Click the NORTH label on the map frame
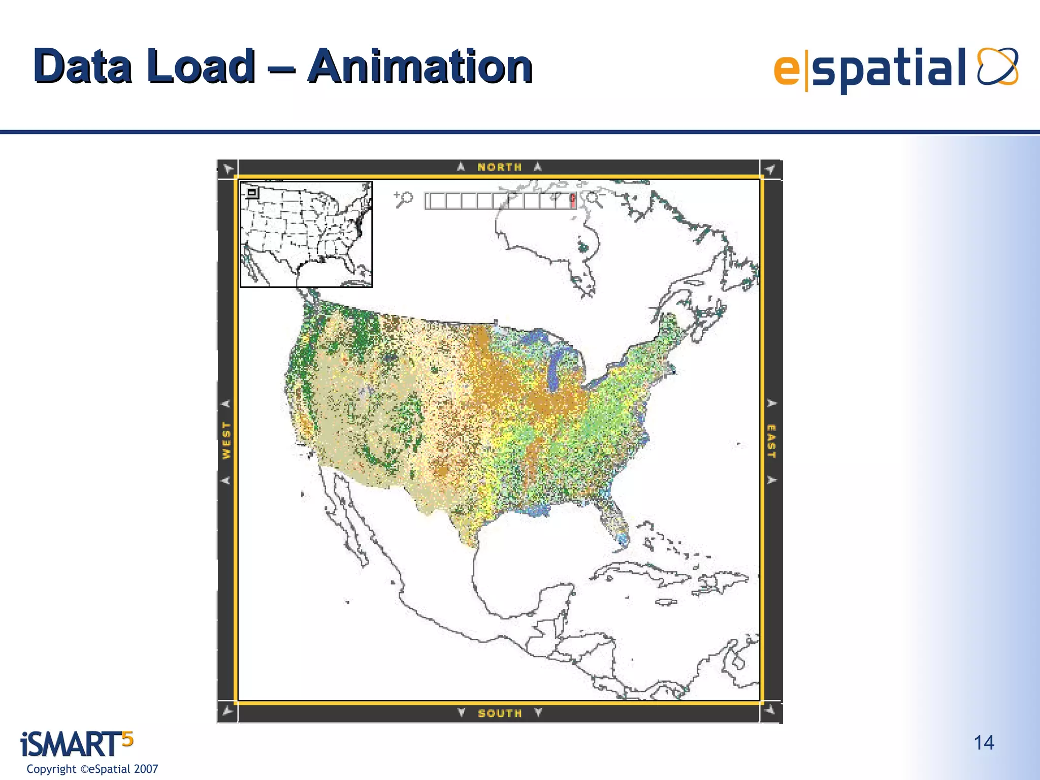[x=499, y=167]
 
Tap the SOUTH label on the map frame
[x=500, y=713]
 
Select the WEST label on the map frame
[x=226, y=441]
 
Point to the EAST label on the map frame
[x=771, y=441]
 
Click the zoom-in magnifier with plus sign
[x=404, y=199]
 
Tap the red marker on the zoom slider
[x=573, y=200]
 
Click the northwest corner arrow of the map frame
[x=228, y=169]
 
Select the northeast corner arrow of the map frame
[x=771, y=169]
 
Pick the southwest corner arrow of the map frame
[x=228, y=710]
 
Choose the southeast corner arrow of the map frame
[x=771, y=710]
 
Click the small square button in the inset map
[x=252, y=192]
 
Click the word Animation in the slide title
[x=420, y=67]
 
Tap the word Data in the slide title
[x=83, y=67]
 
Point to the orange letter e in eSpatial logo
[x=786, y=70]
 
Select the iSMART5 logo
[x=76, y=744]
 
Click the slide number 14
[x=984, y=743]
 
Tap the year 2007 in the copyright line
[x=146, y=769]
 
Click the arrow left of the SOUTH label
[x=461, y=712]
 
